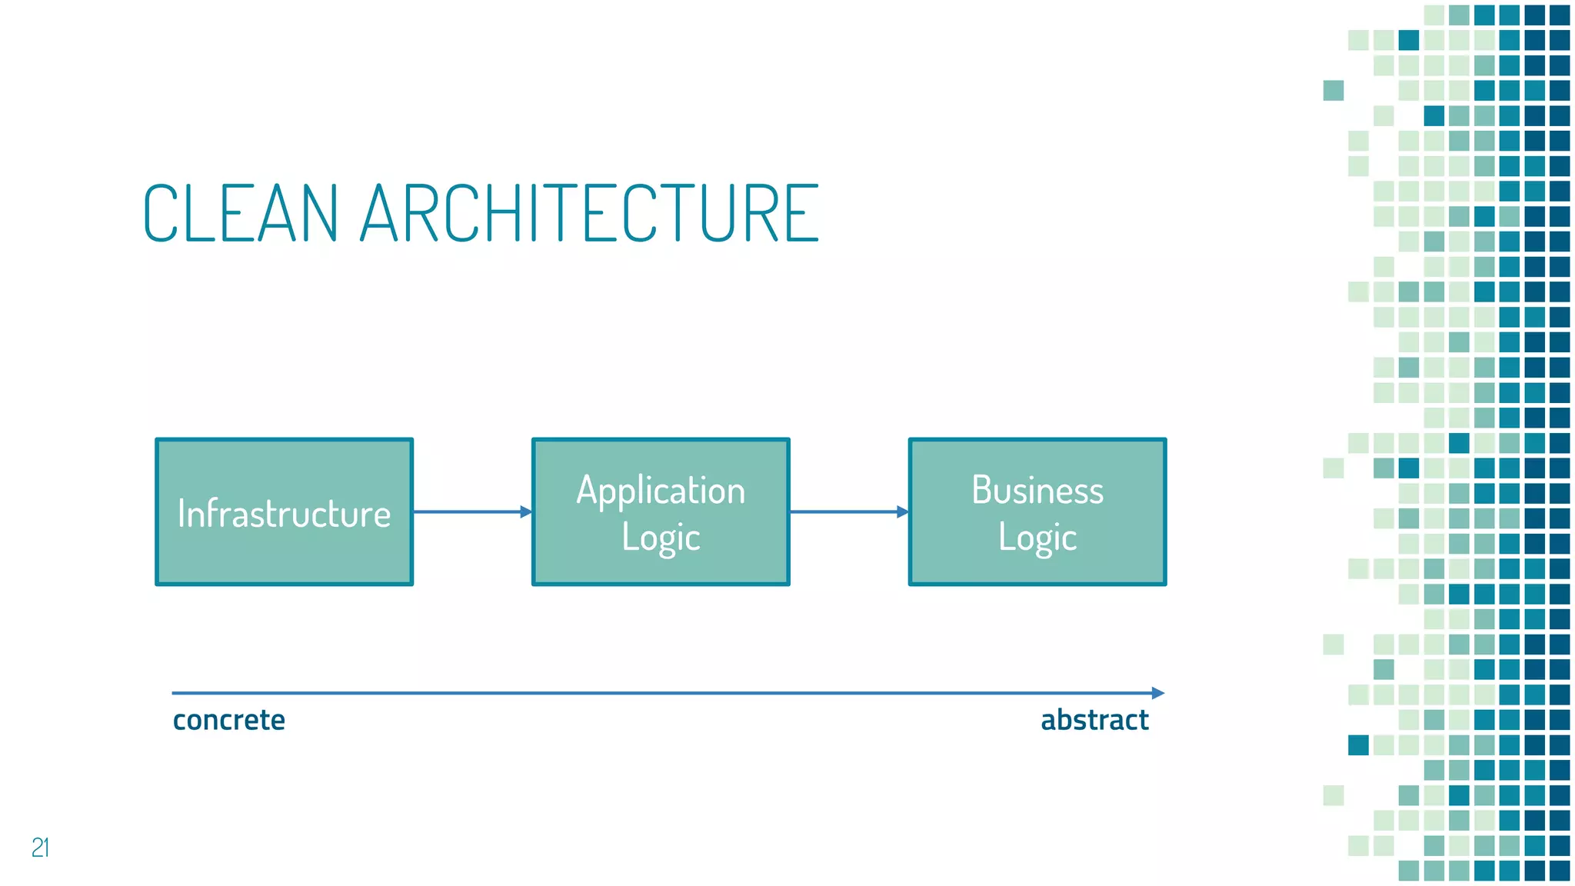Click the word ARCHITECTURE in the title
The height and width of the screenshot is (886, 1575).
coord(589,213)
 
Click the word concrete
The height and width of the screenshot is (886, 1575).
coord(228,720)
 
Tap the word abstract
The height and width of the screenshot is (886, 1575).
coord(1094,720)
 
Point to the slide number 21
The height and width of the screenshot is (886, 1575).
coord(41,847)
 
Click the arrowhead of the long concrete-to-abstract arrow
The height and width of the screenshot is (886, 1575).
coord(1158,693)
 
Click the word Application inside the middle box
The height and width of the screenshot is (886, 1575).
coord(661,491)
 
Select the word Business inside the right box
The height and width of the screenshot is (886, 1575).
coord(1037,490)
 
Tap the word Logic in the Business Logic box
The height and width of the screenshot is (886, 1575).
coord(1037,538)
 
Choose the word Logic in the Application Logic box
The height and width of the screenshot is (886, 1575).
coord(661,538)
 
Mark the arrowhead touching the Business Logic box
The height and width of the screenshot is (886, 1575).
coord(903,511)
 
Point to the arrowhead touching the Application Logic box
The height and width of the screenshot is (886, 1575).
coord(526,511)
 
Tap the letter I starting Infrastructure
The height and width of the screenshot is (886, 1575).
coord(181,513)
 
